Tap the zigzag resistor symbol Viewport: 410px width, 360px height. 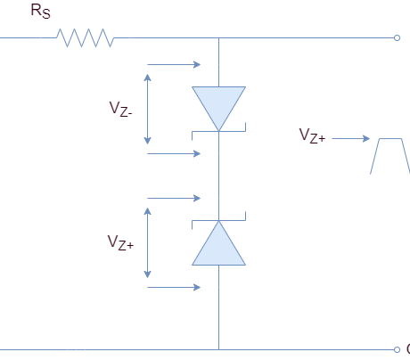pos(86,37)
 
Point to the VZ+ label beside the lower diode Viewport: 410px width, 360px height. pos(119,241)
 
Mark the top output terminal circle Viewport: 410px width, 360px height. pos(397,37)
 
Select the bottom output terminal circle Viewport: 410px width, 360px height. pos(397,348)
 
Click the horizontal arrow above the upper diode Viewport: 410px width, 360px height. pos(173,64)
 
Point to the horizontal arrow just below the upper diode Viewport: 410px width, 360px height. pos(173,153)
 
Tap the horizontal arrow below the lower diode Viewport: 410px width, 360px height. pos(173,287)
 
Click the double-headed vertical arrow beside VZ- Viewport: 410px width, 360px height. pos(148,109)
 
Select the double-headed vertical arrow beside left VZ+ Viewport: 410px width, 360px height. pos(148,241)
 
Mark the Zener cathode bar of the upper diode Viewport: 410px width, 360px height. pos(218,131)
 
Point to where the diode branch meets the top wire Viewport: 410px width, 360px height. pos(218,37)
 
